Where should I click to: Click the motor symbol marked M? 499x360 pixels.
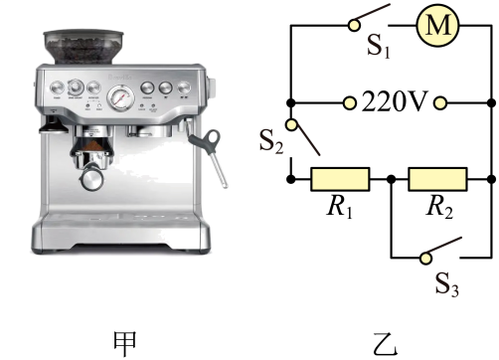click(x=437, y=25)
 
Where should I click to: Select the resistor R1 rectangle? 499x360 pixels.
click(x=340, y=179)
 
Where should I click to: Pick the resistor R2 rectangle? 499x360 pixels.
click(x=437, y=179)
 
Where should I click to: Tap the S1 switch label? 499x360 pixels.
click(x=379, y=46)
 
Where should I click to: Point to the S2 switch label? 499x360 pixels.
click(x=271, y=141)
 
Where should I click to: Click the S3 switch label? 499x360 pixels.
click(x=447, y=284)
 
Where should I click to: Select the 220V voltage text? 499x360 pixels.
click(x=394, y=101)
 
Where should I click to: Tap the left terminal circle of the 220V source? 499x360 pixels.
click(x=349, y=103)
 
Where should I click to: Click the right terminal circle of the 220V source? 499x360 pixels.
click(x=440, y=103)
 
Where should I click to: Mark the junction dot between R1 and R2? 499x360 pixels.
click(x=392, y=179)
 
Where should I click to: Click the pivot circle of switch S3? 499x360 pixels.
click(x=425, y=259)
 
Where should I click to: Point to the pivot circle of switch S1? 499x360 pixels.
click(x=354, y=25)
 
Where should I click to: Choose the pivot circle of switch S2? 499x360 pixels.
click(x=291, y=124)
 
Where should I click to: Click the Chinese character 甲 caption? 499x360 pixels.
click(x=125, y=343)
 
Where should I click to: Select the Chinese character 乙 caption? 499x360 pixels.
click(x=386, y=344)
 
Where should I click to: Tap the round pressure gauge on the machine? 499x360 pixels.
click(x=121, y=97)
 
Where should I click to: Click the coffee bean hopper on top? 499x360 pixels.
click(x=83, y=47)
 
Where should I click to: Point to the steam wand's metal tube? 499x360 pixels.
click(x=218, y=170)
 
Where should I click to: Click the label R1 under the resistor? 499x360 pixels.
click(x=340, y=207)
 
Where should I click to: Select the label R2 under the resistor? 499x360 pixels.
click(x=439, y=207)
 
